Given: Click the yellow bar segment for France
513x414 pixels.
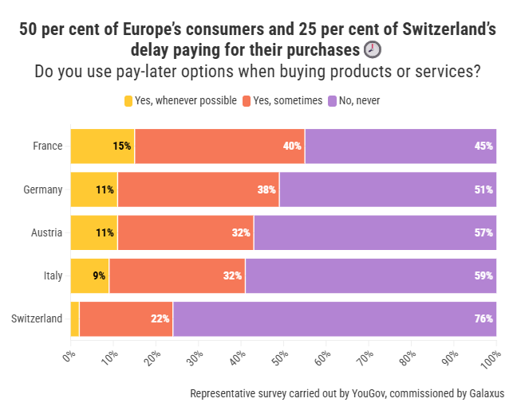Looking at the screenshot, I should tap(102, 146).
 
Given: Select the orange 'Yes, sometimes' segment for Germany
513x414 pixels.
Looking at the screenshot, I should tap(198, 189).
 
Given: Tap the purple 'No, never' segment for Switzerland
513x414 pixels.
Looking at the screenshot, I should tap(334, 319).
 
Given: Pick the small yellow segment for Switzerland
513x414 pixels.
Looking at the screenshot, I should tap(75, 319).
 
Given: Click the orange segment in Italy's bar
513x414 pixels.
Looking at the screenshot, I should tap(177, 276).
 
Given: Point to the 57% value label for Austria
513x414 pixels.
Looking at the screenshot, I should tap(483, 233).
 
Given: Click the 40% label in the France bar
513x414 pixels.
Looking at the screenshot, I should tap(291, 146).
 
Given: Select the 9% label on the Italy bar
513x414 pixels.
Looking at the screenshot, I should tap(99, 276).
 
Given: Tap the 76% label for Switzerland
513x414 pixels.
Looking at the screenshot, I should tap(483, 319).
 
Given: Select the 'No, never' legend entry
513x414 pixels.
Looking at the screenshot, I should tap(358, 101).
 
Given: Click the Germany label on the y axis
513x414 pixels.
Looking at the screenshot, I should tap(43, 189).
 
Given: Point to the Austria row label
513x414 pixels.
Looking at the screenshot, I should tap(46, 233).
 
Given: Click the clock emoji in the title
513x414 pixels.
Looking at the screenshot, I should tap(373, 49).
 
